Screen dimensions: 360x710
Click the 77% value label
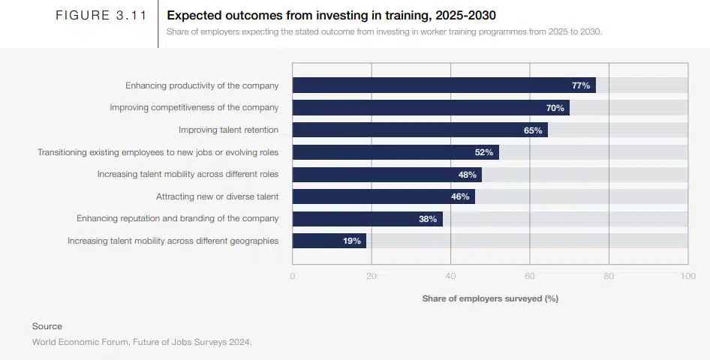point(580,85)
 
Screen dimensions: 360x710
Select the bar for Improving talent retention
point(420,130)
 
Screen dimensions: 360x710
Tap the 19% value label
point(351,241)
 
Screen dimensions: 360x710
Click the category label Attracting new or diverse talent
point(217,196)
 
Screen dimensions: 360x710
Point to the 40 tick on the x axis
point(450,276)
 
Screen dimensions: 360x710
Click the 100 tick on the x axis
point(687,276)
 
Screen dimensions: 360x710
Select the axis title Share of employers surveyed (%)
point(489,298)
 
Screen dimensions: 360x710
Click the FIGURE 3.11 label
point(101,16)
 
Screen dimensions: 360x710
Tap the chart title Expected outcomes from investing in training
point(331,16)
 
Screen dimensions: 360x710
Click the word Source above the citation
point(47,326)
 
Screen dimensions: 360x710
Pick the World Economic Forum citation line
point(142,342)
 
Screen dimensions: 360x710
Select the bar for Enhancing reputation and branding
point(367,219)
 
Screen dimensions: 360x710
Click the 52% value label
point(483,152)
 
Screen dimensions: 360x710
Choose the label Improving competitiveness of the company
point(194,107)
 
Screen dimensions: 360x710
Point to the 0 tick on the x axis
point(293,276)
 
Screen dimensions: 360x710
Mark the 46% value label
point(459,196)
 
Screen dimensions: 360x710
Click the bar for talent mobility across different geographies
point(329,241)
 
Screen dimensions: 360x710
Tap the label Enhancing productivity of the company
point(202,85)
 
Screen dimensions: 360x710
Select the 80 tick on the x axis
point(609,276)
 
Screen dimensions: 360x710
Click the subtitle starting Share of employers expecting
point(384,31)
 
